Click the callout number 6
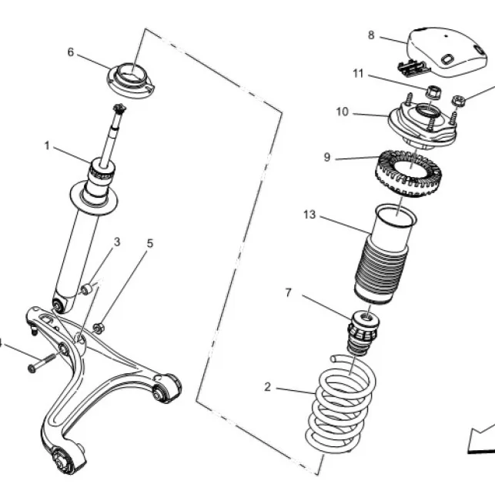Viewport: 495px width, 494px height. coord(71,52)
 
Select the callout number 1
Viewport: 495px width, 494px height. coord(47,145)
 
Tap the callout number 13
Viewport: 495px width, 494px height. coord(309,215)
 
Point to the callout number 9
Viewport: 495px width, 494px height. coord(327,157)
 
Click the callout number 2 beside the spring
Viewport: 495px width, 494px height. coord(267,387)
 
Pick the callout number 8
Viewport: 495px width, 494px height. coord(371,35)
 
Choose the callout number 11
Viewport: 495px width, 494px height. coord(358,74)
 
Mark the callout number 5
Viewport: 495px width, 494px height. coord(150,243)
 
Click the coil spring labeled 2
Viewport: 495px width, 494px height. coord(341,404)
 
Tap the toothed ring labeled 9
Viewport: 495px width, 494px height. coord(408,172)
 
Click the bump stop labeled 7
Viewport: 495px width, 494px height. coord(363,333)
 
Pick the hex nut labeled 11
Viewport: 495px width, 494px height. coord(433,92)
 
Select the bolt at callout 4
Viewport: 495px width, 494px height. coord(42,363)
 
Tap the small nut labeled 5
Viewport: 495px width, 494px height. coord(99,328)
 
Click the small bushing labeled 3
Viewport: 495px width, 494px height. coord(85,289)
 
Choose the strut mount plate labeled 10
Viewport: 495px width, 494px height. coord(423,125)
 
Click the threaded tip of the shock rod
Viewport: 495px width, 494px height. coord(119,108)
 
